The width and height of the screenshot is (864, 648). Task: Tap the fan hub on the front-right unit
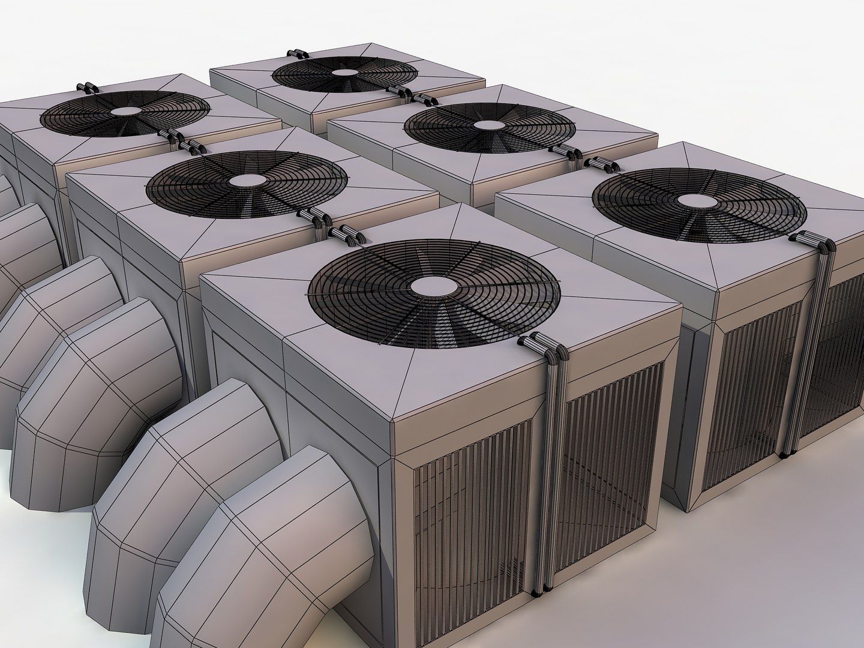point(698,200)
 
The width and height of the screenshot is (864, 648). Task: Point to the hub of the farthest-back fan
point(344,73)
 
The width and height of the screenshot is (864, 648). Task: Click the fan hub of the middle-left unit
point(246,180)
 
